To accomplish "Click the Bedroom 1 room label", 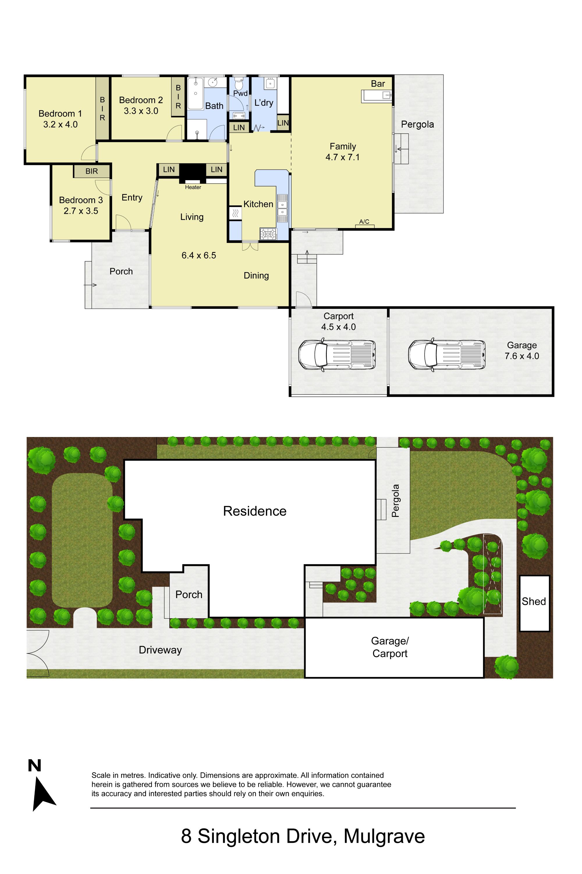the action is tap(60, 113).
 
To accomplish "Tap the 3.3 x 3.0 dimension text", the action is tap(141, 111).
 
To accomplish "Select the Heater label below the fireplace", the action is tap(193, 187).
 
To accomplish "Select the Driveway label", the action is tap(160, 650).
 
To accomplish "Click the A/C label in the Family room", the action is tap(364, 221).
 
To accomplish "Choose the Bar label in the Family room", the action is tap(378, 84).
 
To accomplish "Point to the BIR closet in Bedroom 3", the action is tap(92, 171).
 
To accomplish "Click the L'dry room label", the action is tap(264, 103).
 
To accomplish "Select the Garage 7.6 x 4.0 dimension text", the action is tap(522, 356).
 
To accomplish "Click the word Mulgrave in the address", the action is tap(384, 836).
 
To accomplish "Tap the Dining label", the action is tap(256, 275).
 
